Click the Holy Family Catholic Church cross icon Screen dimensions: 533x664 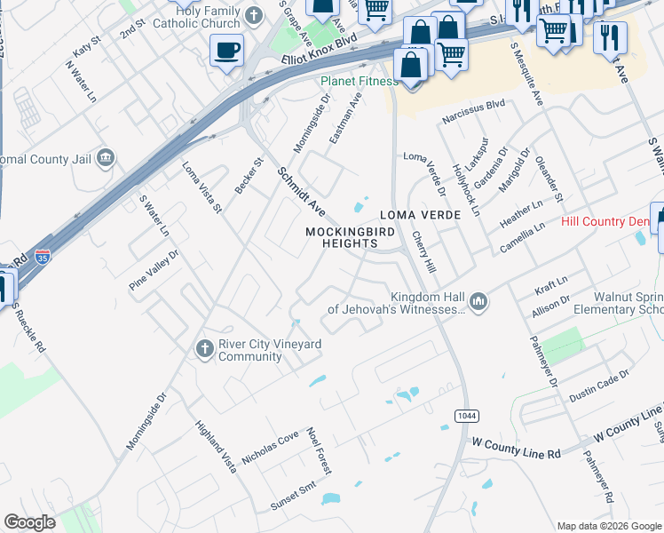255,15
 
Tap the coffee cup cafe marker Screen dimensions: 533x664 227,49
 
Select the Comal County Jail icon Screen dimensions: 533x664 106,159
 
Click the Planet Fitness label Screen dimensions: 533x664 360,82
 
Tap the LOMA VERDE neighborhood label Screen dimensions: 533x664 420,215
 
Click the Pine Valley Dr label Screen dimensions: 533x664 154,265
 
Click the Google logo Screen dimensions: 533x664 29,522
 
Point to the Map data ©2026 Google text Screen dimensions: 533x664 609,526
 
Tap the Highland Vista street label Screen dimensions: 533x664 217,446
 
